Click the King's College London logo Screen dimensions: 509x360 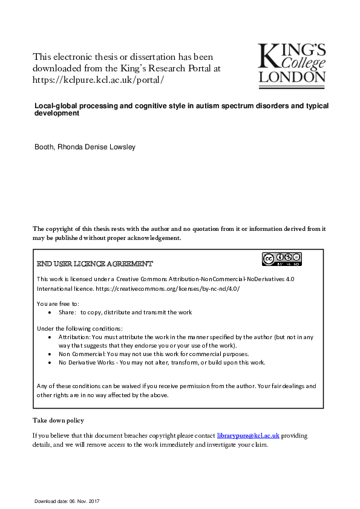tap(292, 62)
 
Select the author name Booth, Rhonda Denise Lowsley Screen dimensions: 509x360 tap(89, 147)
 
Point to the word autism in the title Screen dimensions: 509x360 tap(217, 106)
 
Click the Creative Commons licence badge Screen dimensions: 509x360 tap(281, 259)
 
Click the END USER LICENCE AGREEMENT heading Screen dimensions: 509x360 tap(95, 264)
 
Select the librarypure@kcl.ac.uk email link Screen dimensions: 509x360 tap(248, 435)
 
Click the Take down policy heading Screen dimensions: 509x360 tap(58, 420)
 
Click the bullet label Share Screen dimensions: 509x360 tap(67, 312)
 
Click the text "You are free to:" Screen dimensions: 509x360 tap(57, 303)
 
